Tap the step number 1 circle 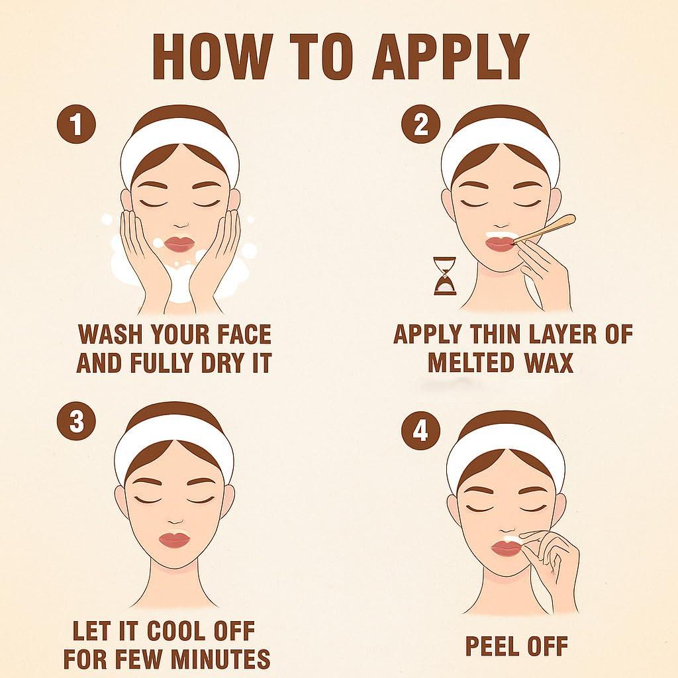pyautogui.click(x=77, y=124)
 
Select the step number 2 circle pyautogui.click(x=420, y=124)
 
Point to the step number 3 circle pyautogui.click(x=77, y=420)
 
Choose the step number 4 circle pyautogui.click(x=420, y=430)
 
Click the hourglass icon pyautogui.click(x=446, y=276)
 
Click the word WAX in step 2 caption pyautogui.click(x=549, y=362)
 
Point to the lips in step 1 pyautogui.click(x=181, y=244)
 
